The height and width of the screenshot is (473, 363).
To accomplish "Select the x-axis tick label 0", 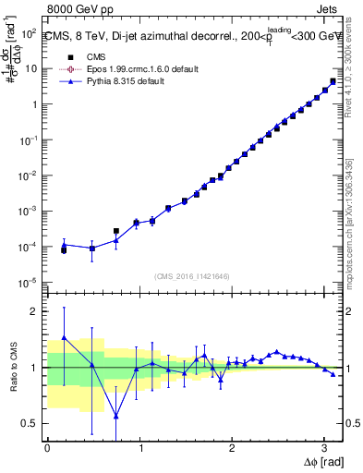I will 47,447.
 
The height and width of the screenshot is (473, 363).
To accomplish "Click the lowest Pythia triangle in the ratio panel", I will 116,416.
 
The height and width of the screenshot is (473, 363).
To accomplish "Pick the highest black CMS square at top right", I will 333,81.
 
